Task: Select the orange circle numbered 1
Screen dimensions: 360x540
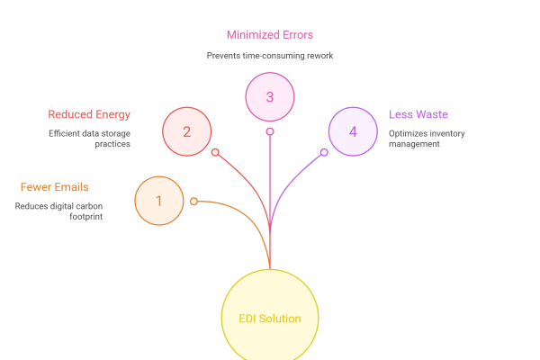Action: pyautogui.click(x=159, y=201)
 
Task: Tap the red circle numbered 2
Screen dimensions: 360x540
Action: pyautogui.click(x=186, y=131)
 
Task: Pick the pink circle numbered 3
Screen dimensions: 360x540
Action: pyautogui.click(x=270, y=96)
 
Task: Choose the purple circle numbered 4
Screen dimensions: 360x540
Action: pyautogui.click(x=353, y=131)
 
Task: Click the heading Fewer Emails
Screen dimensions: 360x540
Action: pyautogui.click(x=54, y=187)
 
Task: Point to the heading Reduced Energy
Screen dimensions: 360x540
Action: pyautogui.click(x=89, y=114)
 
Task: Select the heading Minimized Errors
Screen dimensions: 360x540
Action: pyautogui.click(x=270, y=35)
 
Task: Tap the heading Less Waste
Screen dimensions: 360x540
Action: pyautogui.click(x=418, y=114)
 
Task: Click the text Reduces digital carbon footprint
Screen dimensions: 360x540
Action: pyautogui.click(x=58, y=211)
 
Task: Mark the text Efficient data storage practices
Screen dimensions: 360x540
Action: pyautogui.click(x=89, y=139)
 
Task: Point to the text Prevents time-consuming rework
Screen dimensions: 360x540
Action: pyautogui.click(x=270, y=55)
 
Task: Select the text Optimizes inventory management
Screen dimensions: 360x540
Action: pyautogui.click(x=427, y=139)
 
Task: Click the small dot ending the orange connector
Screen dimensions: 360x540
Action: pyautogui.click(x=193, y=201)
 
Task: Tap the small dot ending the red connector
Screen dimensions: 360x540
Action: pyautogui.click(x=215, y=152)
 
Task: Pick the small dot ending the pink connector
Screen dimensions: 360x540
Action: pyautogui.click(x=270, y=131)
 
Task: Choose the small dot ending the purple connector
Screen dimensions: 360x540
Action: pyautogui.click(x=325, y=152)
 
